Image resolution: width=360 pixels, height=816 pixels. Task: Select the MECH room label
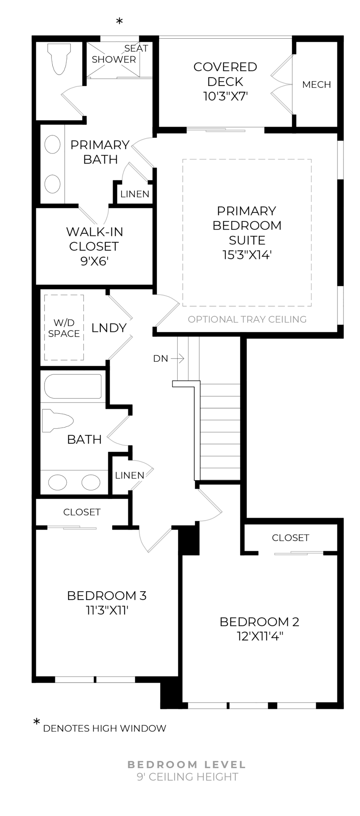(x=316, y=85)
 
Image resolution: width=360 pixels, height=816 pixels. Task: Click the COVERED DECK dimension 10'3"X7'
(x=225, y=96)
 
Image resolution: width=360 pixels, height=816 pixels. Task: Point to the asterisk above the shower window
(x=119, y=22)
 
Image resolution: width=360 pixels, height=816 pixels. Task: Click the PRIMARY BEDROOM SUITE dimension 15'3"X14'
(x=247, y=255)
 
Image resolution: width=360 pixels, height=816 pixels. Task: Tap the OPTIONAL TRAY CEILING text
(x=247, y=319)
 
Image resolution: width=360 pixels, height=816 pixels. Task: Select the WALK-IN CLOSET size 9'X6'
(x=94, y=261)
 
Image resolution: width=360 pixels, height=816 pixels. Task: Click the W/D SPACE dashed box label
(x=64, y=328)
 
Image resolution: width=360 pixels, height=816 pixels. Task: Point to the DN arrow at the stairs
(x=178, y=359)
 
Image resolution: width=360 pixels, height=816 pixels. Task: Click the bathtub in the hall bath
(x=73, y=386)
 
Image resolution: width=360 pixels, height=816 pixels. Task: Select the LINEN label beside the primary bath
(x=135, y=194)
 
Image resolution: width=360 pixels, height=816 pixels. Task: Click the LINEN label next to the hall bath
(x=130, y=475)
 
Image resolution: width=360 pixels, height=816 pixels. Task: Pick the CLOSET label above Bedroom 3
(x=82, y=512)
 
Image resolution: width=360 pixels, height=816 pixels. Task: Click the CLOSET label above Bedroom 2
(x=290, y=538)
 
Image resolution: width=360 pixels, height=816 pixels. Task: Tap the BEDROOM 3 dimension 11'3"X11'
(x=107, y=611)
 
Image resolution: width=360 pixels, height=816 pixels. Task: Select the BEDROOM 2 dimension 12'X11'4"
(x=259, y=637)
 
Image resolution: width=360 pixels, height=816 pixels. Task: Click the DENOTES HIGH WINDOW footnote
(x=105, y=728)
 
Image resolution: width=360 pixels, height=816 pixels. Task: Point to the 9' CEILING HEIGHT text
(x=187, y=777)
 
